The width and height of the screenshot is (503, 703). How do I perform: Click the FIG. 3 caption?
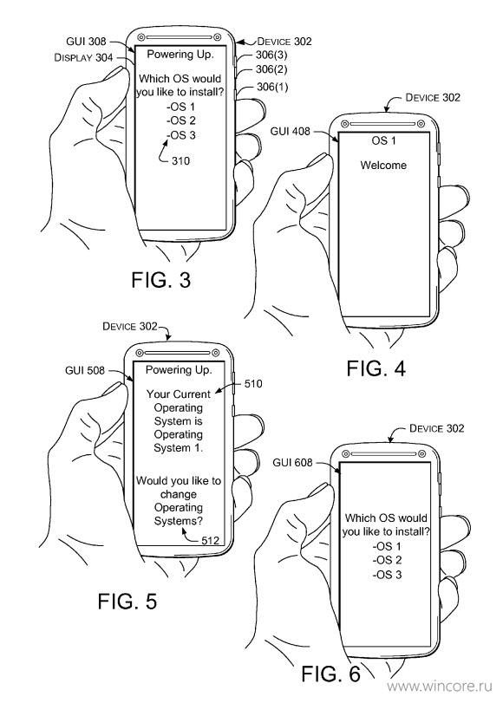coord(161,280)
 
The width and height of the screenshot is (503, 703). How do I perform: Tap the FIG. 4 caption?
coord(376,368)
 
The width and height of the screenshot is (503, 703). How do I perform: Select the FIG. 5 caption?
coord(127,602)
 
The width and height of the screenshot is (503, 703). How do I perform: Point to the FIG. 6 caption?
coord(330,674)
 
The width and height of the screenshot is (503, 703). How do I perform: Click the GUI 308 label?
coord(86,42)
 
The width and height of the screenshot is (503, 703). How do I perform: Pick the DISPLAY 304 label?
coord(83,58)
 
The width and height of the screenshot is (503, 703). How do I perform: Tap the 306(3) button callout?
coord(271,55)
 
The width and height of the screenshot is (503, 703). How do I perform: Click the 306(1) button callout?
coord(272,87)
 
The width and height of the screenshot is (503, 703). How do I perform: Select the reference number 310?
coord(180,161)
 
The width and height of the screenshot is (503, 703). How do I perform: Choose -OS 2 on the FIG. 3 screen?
coord(181,120)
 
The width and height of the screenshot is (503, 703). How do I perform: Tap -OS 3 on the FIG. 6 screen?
coord(387,575)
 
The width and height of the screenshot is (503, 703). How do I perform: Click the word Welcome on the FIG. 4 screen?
coord(383,165)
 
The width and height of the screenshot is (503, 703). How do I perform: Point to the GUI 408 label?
coord(290,131)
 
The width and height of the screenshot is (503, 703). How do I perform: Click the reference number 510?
coord(253,384)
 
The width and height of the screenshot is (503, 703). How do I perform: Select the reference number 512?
coord(210,540)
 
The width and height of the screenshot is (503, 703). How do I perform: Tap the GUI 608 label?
coord(292,462)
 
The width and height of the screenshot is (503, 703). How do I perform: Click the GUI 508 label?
coord(85,370)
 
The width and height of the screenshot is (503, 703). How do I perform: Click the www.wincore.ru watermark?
coord(440,686)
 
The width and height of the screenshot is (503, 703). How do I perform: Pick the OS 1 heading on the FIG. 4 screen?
coord(383,140)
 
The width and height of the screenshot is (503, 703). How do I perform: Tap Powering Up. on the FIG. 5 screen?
coord(179,370)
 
